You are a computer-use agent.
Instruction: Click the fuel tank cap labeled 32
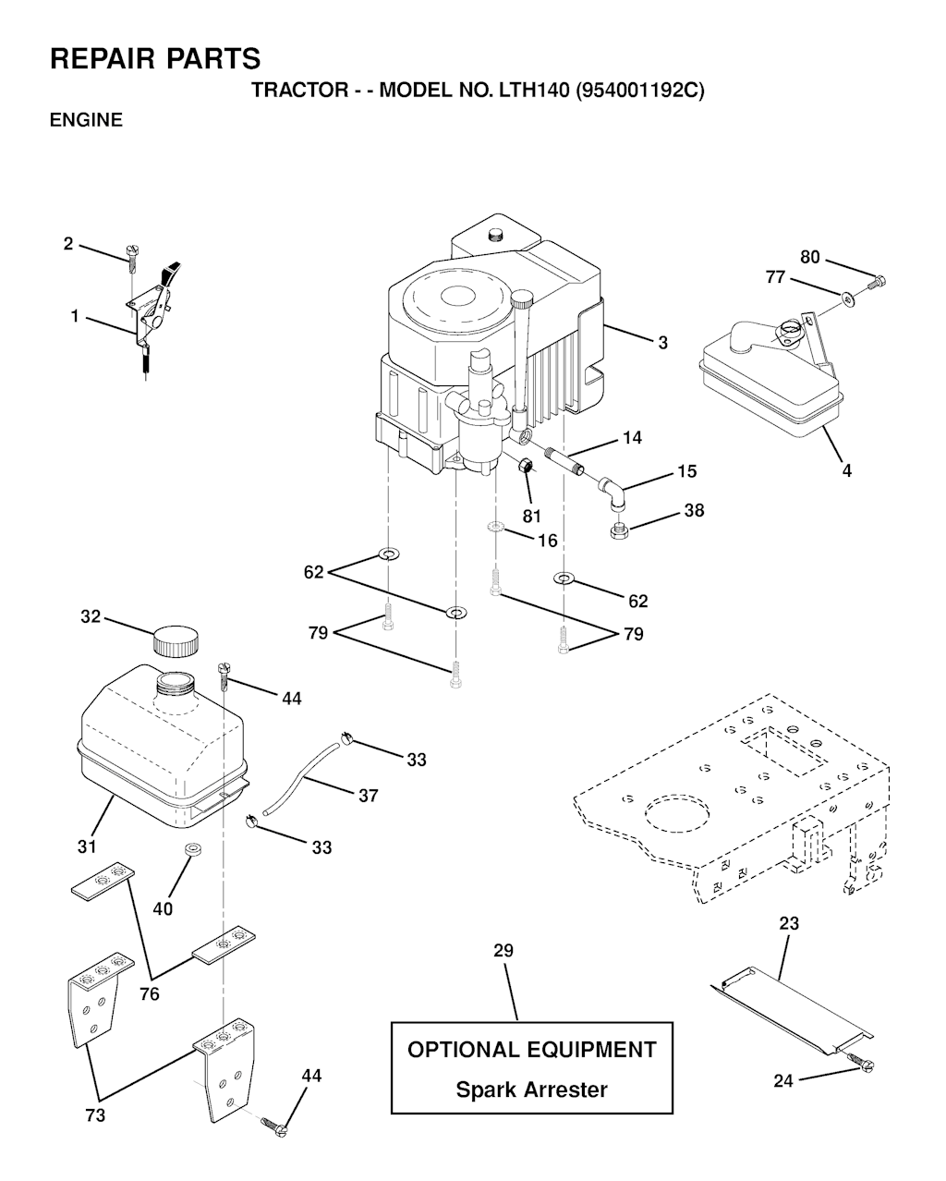pos(176,640)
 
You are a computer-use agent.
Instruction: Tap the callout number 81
pos(532,516)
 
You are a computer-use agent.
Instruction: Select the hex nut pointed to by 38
pos(620,530)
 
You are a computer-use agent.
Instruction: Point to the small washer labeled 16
pos(495,527)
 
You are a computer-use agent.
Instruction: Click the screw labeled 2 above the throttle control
pos(132,258)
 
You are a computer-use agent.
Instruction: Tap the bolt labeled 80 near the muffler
pos(877,283)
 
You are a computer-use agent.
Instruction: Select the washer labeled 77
pos(849,299)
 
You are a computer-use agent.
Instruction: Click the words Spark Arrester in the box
pos(531,1090)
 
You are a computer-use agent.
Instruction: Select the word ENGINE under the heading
pos(86,119)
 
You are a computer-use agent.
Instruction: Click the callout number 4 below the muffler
pos(846,470)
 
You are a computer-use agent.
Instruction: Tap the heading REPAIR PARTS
pos(155,58)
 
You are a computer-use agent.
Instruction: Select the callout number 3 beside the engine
pos(663,343)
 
